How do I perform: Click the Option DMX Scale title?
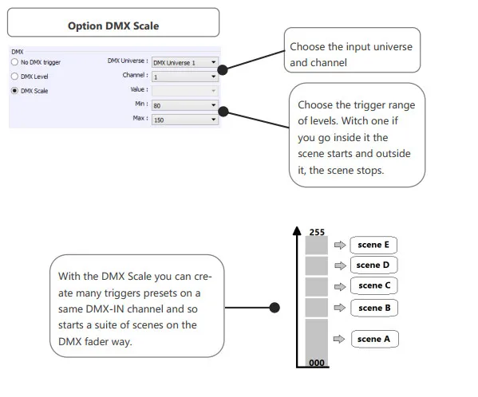tap(113, 26)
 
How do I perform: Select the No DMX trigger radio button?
tap(14, 62)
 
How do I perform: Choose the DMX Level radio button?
tap(14, 76)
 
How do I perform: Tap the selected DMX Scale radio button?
tap(14, 90)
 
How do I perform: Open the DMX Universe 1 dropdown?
tap(185, 62)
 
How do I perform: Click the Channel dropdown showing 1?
tap(185, 77)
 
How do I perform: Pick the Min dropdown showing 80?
tap(185, 105)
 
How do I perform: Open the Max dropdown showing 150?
tap(185, 120)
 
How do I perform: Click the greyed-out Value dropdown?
tap(185, 91)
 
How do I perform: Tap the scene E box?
tap(373, 245)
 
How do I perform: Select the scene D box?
tap(373, 265)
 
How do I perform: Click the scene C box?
tap(374, 285)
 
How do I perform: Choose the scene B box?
tap(374, 308)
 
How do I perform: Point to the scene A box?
tap(374, 339)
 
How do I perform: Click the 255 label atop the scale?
tap(317, 232)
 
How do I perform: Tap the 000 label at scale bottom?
tap(317, 363)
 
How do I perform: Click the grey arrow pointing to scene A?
tap(339, 339)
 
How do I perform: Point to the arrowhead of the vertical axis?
tap(297, 227)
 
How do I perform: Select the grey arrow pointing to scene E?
tap(340, 245)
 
